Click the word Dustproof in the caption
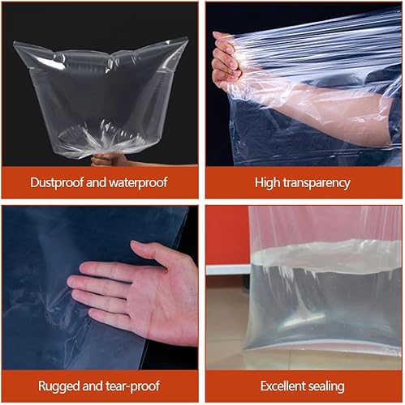pos(57,183)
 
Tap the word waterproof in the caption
pos(138,183)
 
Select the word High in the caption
pos(267,183)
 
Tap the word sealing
pos(326,386)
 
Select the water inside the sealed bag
pos(325,305)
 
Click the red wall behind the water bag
pos(227,235)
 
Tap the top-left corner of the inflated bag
pos(14,42)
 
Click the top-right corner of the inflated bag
pos(187,37)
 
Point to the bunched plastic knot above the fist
pos(104,146)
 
